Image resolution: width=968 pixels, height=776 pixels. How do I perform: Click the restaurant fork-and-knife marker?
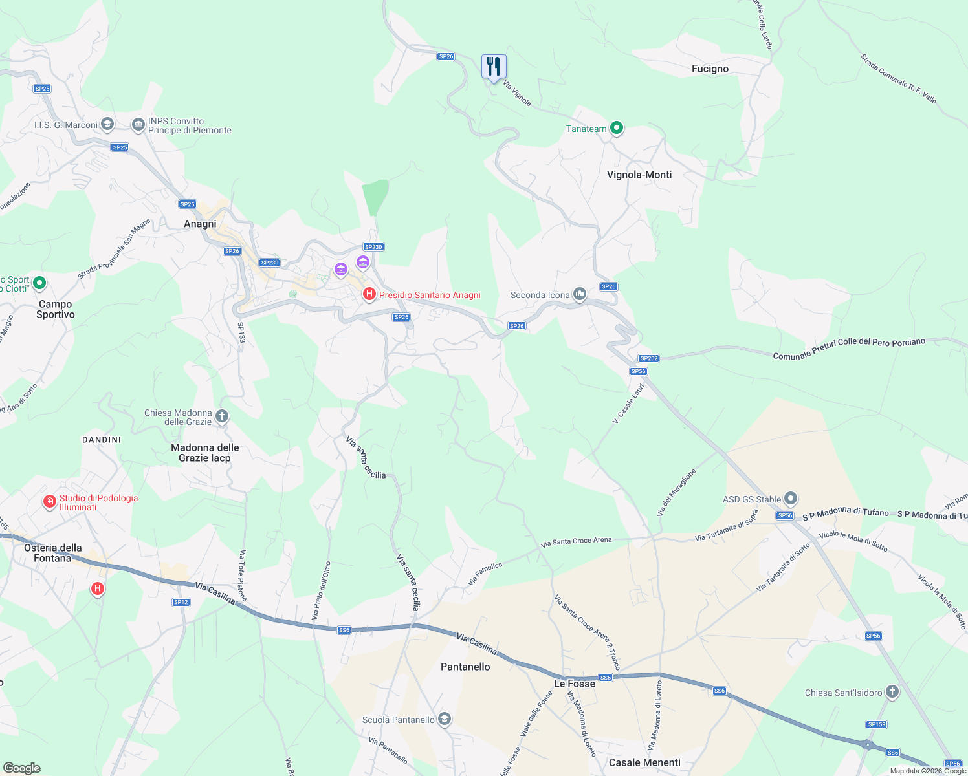tap(494, 67)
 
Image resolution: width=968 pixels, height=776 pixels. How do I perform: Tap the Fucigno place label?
tap(710, 69)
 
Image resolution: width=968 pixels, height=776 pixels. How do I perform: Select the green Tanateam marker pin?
tap(617, 128)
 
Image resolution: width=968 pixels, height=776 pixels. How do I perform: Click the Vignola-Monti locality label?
tap(639, 175)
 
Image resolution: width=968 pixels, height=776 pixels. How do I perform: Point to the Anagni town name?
tap(200, 224)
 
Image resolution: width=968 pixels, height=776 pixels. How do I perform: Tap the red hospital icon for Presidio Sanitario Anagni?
tap(369, 295)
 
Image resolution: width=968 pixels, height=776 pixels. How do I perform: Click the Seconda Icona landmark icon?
tap(580, 295)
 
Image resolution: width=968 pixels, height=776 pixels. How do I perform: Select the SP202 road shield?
tap(648, 358)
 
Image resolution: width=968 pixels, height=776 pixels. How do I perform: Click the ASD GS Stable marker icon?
tap(790, 499)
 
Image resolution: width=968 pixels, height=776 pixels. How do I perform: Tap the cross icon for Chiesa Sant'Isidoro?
tap(892, 693)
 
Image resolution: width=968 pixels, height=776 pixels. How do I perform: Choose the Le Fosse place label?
tap(575, 684)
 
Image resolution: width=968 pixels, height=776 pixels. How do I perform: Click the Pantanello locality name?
tap(465, 667)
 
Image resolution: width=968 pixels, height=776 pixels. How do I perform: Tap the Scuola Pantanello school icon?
tap(445, 719)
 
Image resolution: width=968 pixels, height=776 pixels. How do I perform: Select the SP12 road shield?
tap(181, 602)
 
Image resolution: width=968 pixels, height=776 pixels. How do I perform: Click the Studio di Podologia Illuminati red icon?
tap(50, 501)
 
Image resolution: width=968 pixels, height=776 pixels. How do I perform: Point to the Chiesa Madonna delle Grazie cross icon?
tap(222, 416)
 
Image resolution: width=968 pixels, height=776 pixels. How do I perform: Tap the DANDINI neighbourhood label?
tap(102, 440)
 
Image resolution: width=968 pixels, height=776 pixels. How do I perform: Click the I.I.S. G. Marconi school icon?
tap(107, 124)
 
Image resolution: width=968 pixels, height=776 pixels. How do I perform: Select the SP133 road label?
tap(241, 332)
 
